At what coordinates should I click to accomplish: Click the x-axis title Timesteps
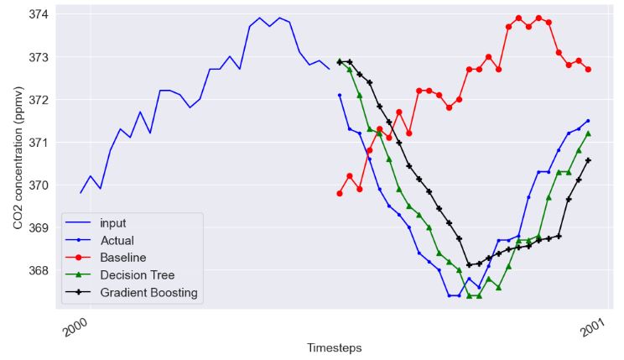pos(334,347)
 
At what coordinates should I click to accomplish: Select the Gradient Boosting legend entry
pos(148,292)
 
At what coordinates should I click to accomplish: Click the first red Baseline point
pos(340,193)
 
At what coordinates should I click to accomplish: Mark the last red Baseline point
pos(588,69)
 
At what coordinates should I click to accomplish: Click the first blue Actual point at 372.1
pos(340,95)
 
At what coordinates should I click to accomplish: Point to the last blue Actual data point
pos(588,121)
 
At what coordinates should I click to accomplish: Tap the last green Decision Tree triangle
pos(588,133)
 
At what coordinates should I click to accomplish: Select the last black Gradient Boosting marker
pos(588,160)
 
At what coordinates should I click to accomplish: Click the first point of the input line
pos(81,193)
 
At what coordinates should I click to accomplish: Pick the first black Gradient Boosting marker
pos(340,61)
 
